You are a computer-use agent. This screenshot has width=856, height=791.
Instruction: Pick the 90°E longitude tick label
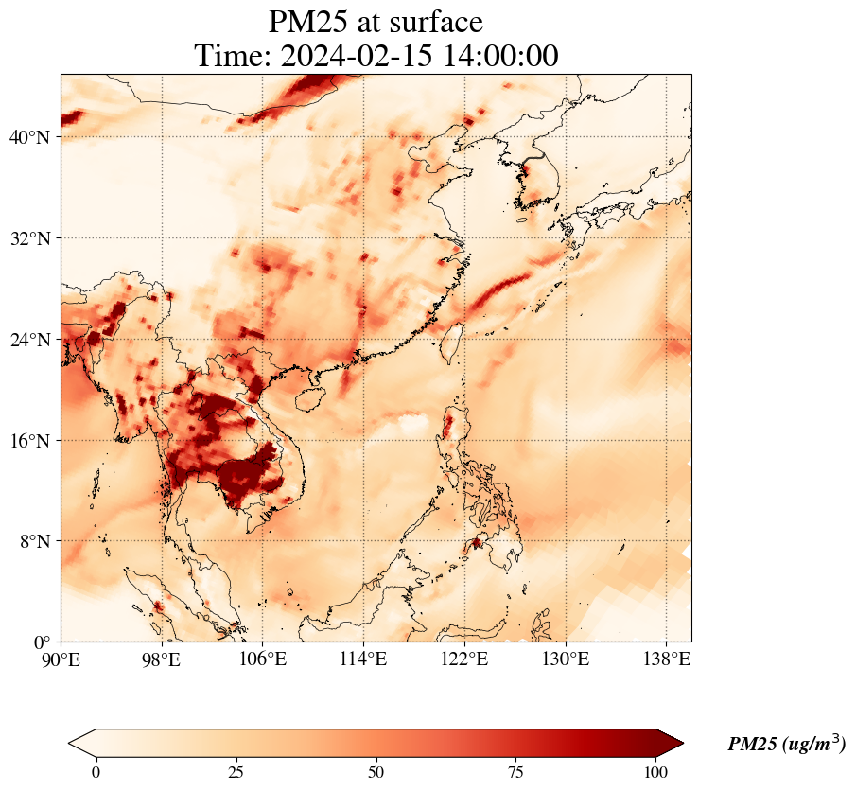point(61,659)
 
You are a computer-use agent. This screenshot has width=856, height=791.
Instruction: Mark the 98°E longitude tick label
point(163,659)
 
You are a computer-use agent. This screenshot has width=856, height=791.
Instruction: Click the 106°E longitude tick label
point(263,659)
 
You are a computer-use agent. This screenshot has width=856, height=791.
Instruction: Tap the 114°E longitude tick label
point(364,659)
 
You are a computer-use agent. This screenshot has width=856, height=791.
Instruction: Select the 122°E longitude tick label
point(464,659)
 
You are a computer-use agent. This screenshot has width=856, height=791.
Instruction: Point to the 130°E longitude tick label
point(566,659)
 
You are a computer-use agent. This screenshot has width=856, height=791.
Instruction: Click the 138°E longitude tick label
point(666,659)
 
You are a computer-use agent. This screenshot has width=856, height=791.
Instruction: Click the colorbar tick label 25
point(236,771)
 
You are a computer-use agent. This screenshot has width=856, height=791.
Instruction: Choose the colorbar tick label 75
point(516,771)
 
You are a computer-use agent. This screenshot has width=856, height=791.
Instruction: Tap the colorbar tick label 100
point(656,771)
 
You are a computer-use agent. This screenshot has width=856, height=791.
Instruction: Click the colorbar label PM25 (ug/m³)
point(786,744)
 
